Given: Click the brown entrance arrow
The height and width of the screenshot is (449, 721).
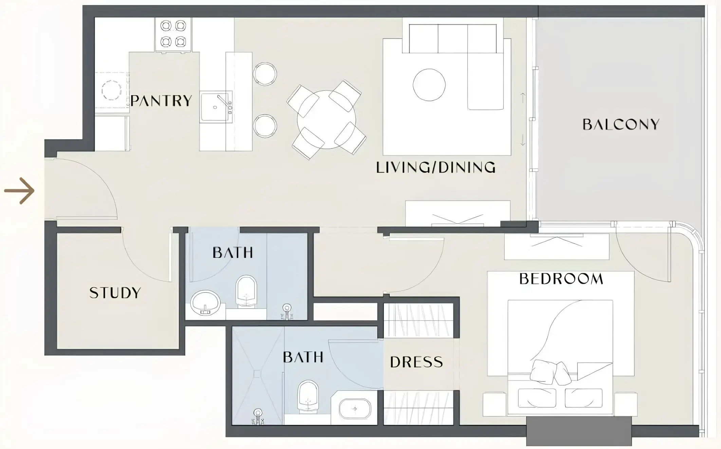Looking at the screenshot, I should point(19,191).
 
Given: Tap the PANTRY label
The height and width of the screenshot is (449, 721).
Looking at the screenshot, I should point(161,101).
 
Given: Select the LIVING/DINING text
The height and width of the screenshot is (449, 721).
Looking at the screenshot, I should point(436,168).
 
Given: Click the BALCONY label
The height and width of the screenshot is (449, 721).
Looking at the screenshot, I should point(621,124).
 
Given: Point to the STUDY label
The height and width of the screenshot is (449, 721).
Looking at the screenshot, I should point(115,293).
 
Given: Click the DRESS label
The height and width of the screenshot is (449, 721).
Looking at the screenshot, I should point(417,362).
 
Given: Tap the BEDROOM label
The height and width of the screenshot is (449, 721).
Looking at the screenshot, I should point(561,279).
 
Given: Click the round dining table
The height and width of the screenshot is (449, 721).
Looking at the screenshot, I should point(327,119).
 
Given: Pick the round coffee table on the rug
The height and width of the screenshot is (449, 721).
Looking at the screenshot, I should point(429,85).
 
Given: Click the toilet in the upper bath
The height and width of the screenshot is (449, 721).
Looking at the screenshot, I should point(246,291).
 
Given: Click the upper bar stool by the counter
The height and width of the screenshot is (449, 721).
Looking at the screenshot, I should point(265,74).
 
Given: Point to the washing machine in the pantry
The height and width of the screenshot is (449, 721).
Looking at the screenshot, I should point(111,91).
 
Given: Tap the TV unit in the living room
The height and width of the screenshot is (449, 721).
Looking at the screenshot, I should point(458,214).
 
